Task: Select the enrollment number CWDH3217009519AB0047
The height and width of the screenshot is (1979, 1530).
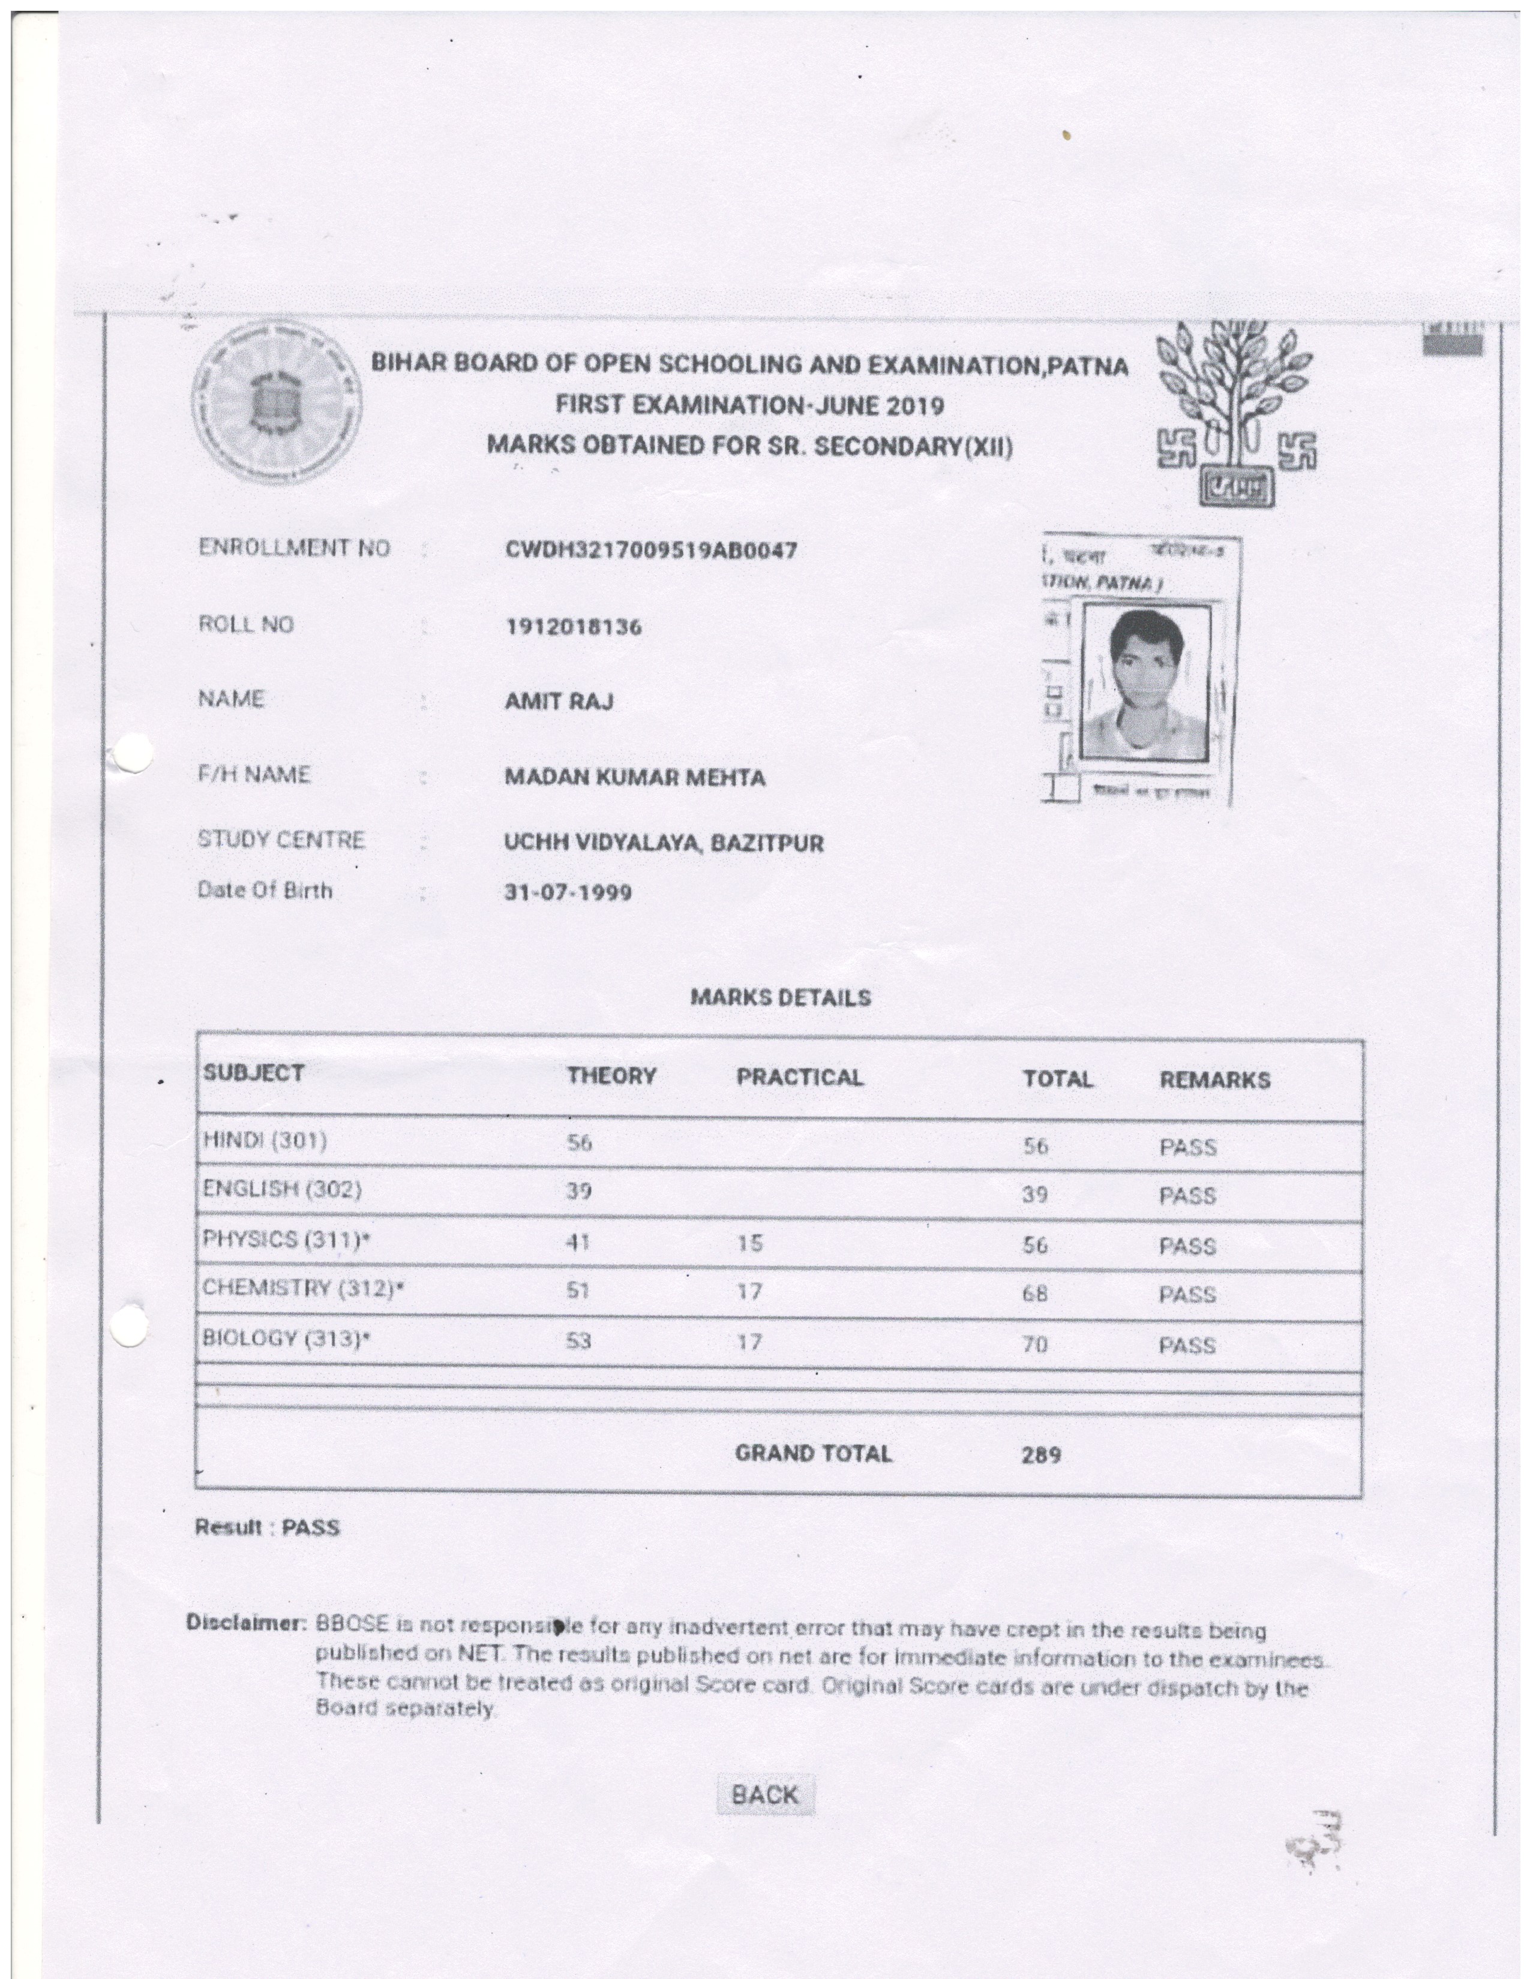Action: click(x=651, y=550)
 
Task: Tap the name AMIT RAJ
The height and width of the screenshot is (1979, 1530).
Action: click(x=559, y=702)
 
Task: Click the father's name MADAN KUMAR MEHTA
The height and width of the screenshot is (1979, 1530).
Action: click(x=634, y=777)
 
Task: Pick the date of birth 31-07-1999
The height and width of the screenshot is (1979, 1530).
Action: click(x=568, y=892)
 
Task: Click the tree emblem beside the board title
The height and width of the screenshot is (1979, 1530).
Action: click(x=1237, y=410)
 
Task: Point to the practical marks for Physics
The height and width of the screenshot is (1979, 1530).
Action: click(x=749, y=1243)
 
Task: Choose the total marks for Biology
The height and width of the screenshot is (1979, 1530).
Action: click(x=1035, y=1345)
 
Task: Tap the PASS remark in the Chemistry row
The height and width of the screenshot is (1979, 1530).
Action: click(x=1186, y=1294)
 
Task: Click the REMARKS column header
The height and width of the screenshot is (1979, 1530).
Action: click(x=1214, y=1079)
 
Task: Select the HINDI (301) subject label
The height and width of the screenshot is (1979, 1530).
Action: click(x=265, y=1140)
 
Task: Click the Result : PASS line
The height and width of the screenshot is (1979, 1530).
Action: click(x=268, y=1528)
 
